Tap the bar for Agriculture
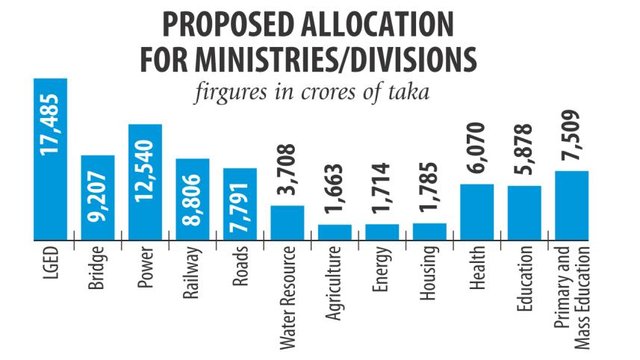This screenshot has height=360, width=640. pos(335,232)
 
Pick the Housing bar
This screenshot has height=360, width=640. pos(429,232)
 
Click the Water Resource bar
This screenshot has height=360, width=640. pos(287,223)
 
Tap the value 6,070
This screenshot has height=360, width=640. pos(477,149)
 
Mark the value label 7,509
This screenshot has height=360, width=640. pos(573,137)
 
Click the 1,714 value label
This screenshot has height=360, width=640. pos(382,191)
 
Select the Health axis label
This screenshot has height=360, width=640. pos(477,270)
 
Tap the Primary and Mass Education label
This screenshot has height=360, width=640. pos(573,296)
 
